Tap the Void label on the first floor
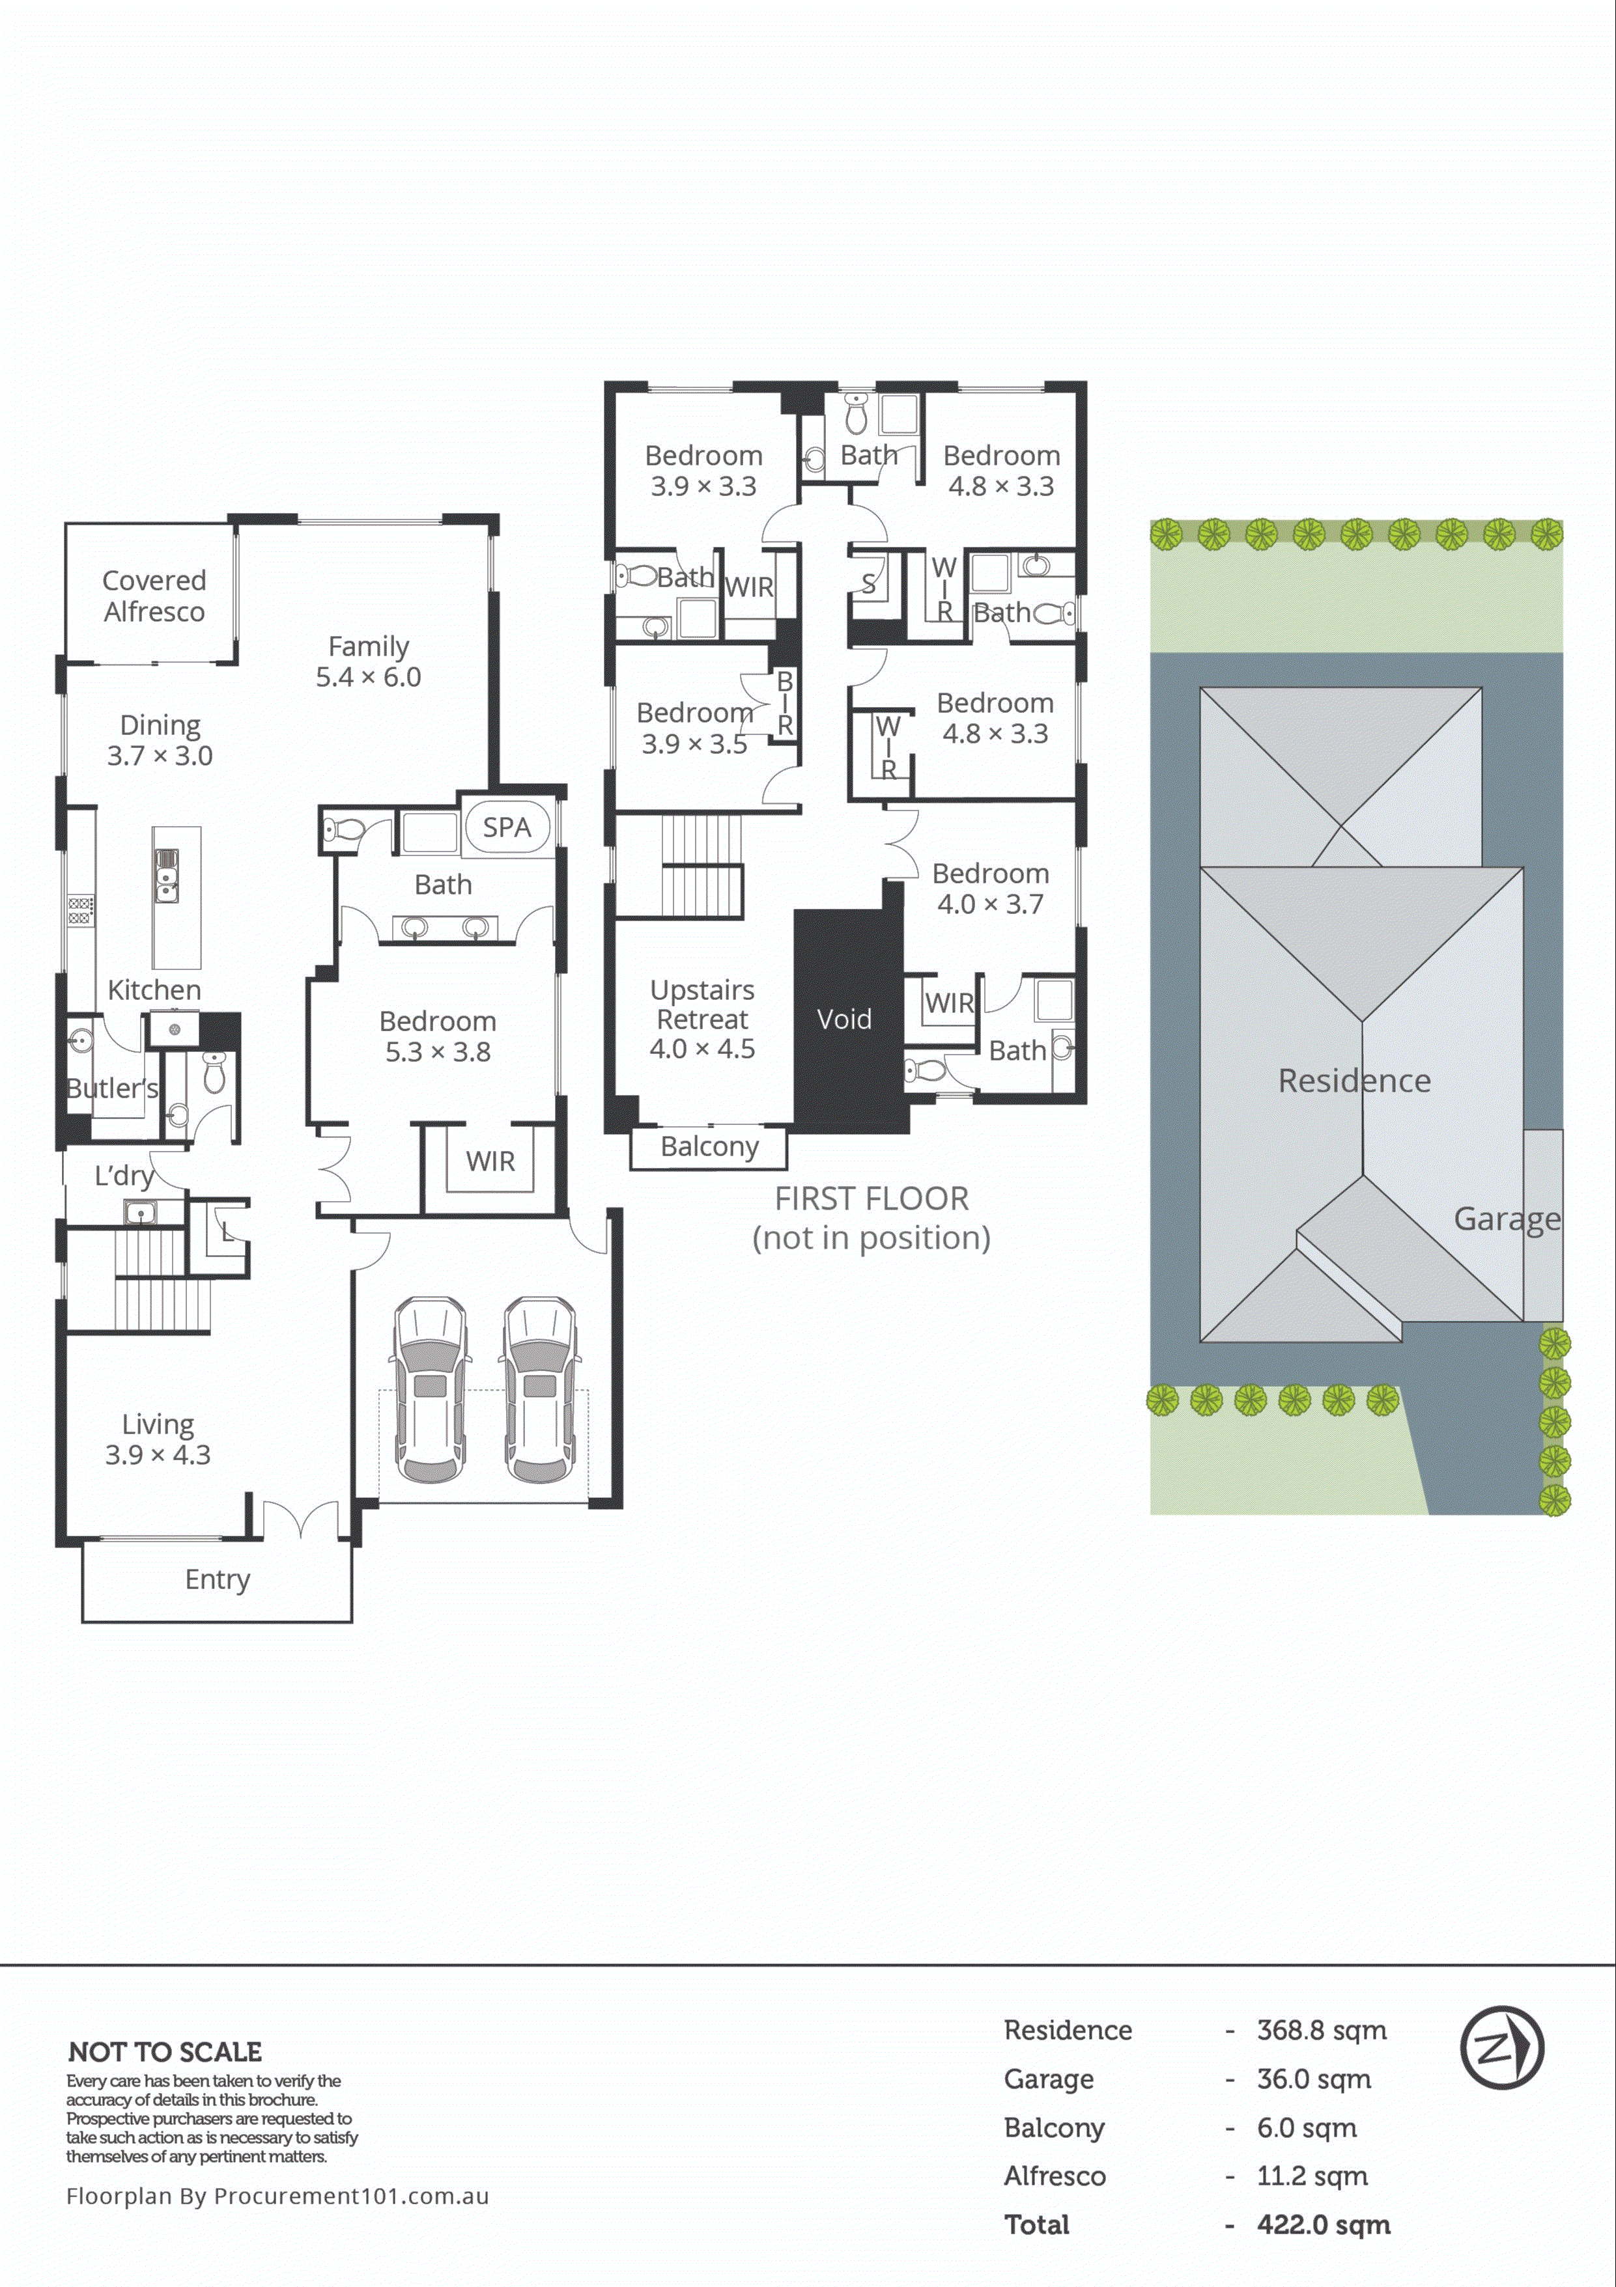click(844, 1019)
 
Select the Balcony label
click(709, 1146)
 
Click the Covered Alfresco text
click(154, 596)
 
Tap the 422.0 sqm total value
click(1323, 2225)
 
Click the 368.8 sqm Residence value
click(1321, 2030)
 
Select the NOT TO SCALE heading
click(165, 2052)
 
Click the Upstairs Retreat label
click(702, 1018)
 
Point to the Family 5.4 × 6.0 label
click(369, 661)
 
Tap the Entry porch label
click(217, 1579)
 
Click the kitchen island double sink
click(166, 876)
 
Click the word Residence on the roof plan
click(1354, 1081)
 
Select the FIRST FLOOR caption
click(872, 1199)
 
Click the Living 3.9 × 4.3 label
click(158, 1439)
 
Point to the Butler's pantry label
click(111, 1088)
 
